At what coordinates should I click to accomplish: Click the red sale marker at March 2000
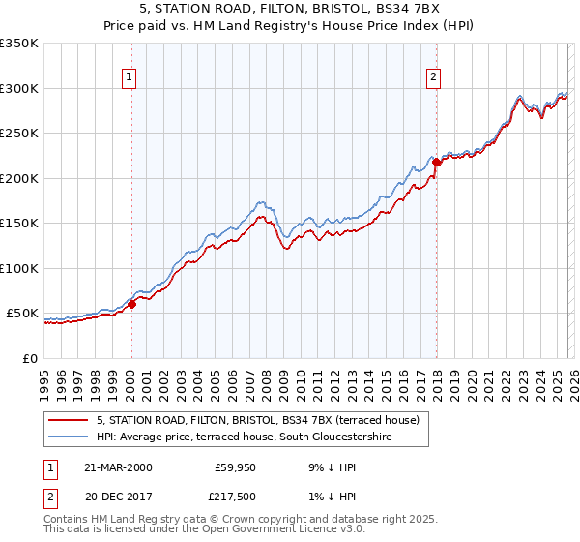click(132, 304)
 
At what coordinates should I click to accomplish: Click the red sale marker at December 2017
click(436, 163)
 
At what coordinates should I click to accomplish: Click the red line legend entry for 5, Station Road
click(257, 420)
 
